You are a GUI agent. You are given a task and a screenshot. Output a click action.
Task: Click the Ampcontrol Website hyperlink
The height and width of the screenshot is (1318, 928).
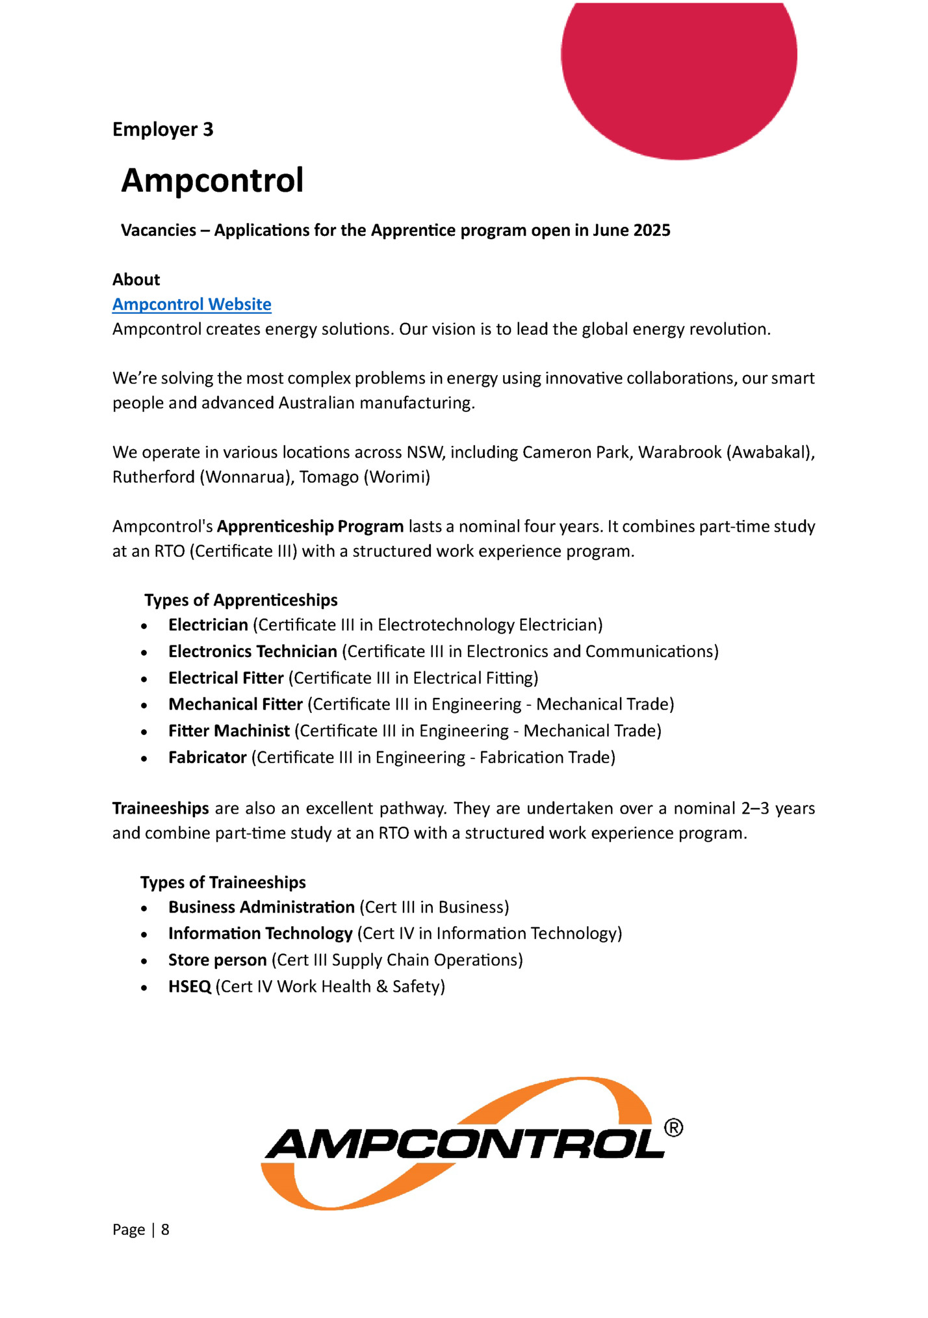(192, 304)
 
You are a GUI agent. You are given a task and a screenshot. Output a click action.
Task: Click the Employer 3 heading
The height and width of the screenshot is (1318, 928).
(162, 129)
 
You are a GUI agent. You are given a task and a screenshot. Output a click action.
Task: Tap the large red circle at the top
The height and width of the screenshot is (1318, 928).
(678, 71)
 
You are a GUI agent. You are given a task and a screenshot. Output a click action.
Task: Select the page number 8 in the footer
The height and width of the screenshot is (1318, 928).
(165, 1229)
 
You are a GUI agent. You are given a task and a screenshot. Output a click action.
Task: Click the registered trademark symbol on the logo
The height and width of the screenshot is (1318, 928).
(673, 1128)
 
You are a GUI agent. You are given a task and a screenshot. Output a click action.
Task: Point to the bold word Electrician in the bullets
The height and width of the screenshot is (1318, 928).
(208, 625)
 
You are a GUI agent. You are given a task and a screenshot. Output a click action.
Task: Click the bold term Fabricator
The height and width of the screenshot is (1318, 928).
(207, 757)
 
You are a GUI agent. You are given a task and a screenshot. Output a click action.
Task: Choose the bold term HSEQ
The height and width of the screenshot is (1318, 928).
(190, 987)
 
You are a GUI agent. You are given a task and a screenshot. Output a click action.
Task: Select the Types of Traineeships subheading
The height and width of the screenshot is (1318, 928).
(223, 882)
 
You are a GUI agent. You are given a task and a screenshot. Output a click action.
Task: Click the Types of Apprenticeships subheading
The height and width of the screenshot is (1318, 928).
(241, 600)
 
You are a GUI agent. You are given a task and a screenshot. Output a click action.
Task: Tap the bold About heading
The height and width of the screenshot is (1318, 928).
(136, 279)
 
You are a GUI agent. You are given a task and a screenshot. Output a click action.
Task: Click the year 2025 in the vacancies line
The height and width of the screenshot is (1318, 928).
(652, 230)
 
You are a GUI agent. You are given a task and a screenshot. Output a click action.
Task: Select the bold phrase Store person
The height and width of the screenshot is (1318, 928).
(218, 960)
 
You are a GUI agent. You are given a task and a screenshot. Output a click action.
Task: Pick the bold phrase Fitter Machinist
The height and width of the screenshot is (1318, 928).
(229, 730)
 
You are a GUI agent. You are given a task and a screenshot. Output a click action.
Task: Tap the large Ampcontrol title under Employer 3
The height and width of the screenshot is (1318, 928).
(213, 180)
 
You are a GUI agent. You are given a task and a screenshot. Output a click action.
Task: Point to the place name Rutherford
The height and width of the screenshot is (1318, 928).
(153, 477)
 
